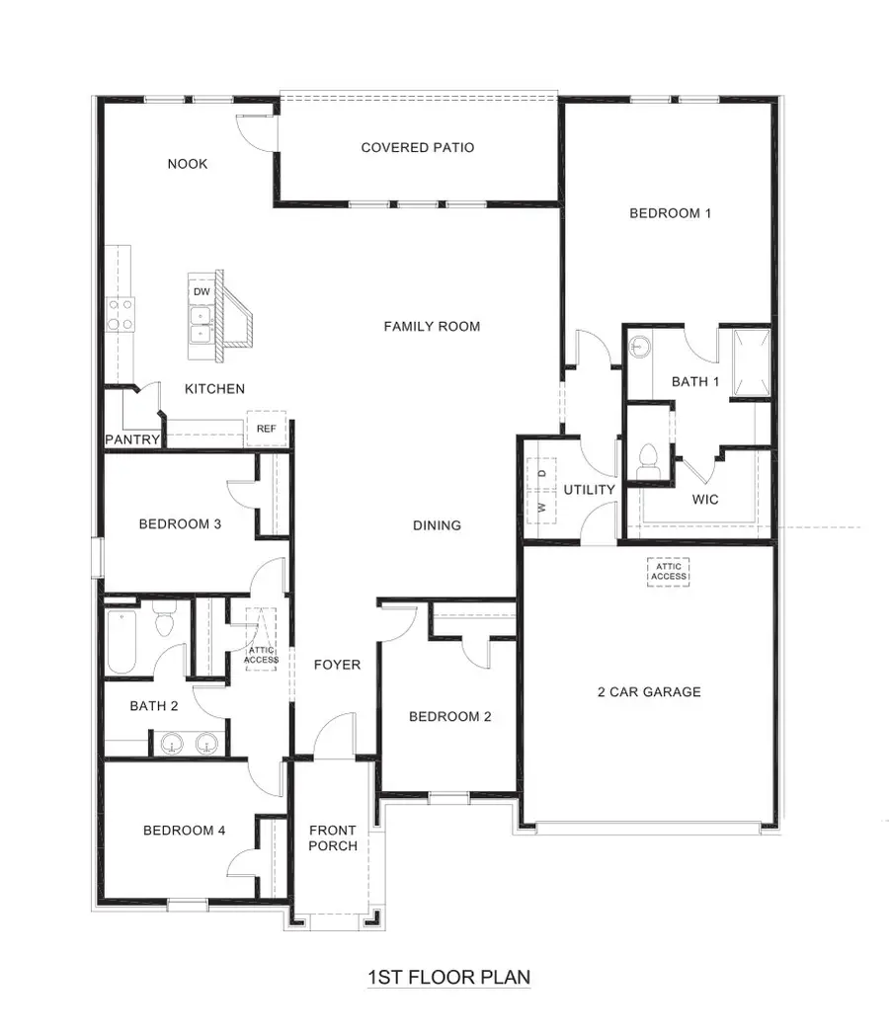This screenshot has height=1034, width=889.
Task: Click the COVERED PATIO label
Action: point(417,148)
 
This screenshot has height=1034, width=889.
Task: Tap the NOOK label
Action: point(187,164)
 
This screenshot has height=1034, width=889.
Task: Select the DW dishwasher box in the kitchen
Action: point(202,292)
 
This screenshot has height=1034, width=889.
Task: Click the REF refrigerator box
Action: point(266,429)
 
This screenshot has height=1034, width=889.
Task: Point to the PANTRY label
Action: point(131,439)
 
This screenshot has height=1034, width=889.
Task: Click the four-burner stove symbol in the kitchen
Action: point(121,315)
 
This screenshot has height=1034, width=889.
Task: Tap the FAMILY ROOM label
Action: point(432,326)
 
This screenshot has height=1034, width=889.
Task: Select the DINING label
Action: point(437,525)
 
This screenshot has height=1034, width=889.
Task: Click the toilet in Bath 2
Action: point(165,621)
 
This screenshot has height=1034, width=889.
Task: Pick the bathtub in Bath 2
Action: point(121,642)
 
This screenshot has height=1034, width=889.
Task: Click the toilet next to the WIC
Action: point(649,461)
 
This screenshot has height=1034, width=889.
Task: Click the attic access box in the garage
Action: point(669,572)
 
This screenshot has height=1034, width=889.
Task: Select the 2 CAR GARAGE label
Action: point(649,691)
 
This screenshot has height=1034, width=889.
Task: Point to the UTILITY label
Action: point(589,490)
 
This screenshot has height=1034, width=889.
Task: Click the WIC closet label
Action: point(704,500)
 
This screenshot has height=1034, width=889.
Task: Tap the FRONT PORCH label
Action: point(333,837)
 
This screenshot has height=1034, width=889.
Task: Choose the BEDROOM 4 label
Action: point(184,831)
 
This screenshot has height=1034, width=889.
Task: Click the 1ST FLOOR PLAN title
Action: point(448,978)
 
